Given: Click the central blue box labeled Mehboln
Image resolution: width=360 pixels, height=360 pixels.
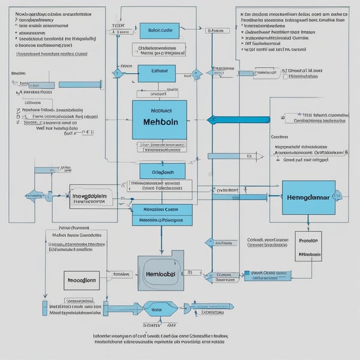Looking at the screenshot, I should click(159, 120).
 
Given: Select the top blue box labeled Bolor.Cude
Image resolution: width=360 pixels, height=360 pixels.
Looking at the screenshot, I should click(159, 31).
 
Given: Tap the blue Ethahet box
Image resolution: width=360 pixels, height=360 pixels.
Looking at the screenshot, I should click(157, 73).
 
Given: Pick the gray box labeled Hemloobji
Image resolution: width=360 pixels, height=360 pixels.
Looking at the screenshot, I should click(160, 274).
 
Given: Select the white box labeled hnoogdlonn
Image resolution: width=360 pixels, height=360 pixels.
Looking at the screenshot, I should click(81, 280).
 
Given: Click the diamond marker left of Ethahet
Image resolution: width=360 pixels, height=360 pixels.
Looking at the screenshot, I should click(118, 74).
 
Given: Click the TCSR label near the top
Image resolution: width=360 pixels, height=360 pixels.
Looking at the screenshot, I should click(118, 26).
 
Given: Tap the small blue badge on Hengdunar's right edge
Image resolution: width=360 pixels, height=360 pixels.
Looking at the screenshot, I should click(338, 196).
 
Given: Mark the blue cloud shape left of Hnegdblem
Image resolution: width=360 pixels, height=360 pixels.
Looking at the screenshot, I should click(34, 196).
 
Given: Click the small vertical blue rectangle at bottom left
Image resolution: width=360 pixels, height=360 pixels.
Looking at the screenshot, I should click(44, 309).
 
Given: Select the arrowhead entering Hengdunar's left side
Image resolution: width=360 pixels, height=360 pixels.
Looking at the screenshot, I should click(280, 196).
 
